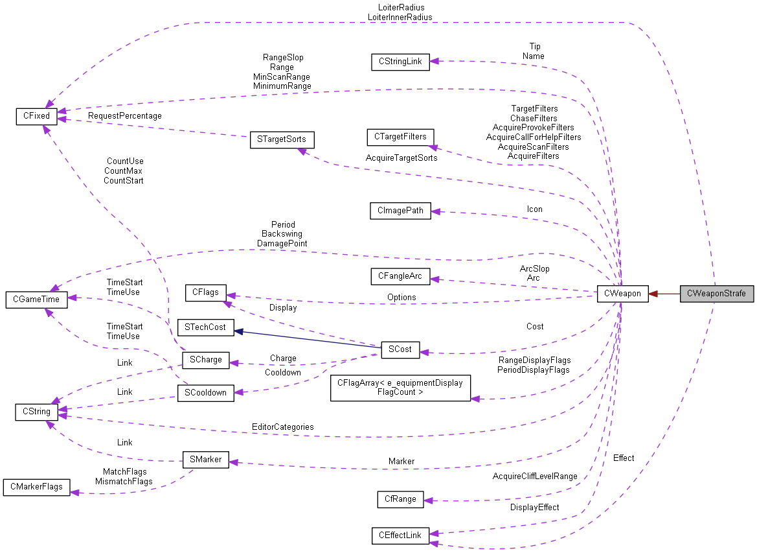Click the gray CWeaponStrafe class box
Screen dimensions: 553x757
click(x=717, y=294)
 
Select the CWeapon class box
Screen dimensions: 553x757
click(x=622, y=294)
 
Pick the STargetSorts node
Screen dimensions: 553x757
click(x=282, y=140)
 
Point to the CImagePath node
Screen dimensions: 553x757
click(x=400, y=211)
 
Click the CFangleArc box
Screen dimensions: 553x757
click(x=400, y=277)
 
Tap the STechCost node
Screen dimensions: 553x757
click(x=202, y=327)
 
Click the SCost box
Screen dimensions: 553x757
click(x=400, y=349)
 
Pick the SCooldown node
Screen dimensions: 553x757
click(x=205, y=393)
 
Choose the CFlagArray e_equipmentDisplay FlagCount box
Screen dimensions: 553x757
click(x=400, y=388)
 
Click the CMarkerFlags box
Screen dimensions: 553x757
click(x=36, y=487)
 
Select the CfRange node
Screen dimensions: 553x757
click(x=400, y=499)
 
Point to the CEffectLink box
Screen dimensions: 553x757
click(x=400, y=535)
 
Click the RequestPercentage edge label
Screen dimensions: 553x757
click(x=125, y=116)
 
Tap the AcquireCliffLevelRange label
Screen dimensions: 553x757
click(x=534, y=477)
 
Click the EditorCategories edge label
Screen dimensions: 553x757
click(x=283, y=427)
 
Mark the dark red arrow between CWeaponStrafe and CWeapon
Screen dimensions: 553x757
click(x=664, y=294)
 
